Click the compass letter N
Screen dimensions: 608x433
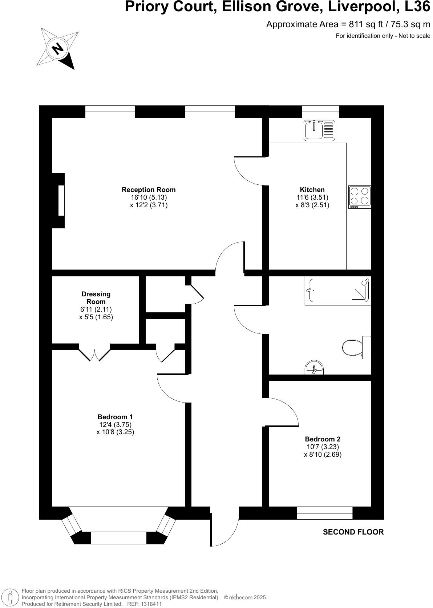[57, 48]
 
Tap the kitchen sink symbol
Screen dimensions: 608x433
[319, 131]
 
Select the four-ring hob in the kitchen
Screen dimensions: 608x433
[360, 197]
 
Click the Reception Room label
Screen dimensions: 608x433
[149, 189]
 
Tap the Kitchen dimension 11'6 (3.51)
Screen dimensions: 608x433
[312, 197]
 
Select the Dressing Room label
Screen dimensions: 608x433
[96, 297]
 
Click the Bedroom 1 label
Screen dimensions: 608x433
[115, 417]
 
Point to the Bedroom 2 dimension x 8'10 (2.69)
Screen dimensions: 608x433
[323, 454]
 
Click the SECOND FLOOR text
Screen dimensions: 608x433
[353, 532]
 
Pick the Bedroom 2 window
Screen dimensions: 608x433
[324, 513]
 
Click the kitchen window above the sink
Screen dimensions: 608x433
[320, 112]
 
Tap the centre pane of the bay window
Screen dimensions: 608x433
[118, 538]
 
